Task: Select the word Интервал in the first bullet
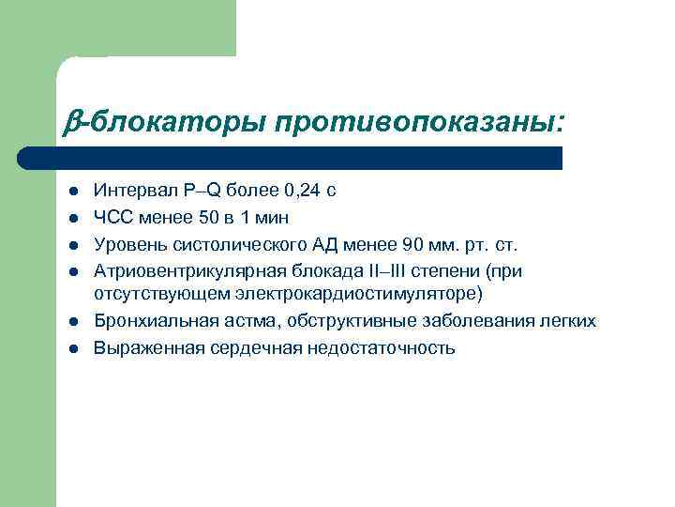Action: coord(129,191)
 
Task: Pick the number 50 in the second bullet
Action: coord(205,218)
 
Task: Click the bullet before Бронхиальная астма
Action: coord(70,322)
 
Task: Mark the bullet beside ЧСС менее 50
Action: coord(70,219)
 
